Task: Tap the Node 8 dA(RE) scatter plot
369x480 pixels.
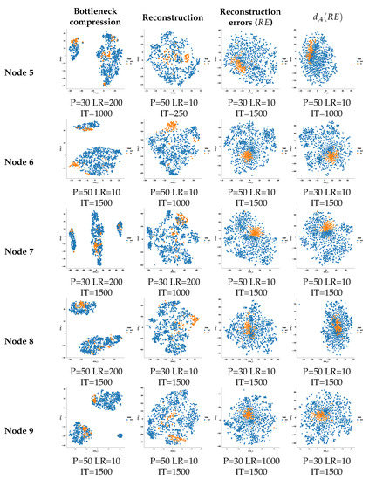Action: [x=328, y=332]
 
